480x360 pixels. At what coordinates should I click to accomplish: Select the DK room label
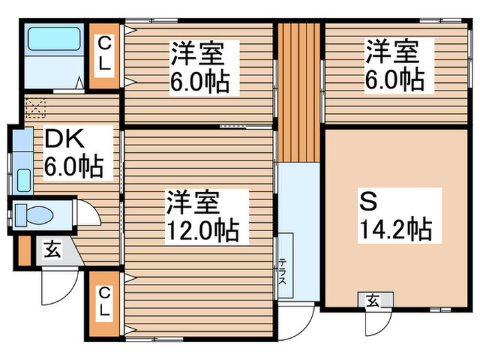click(64, 140)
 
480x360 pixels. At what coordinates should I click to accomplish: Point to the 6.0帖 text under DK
click(73, 167)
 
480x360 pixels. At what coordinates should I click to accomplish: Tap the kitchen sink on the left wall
click(22, 180)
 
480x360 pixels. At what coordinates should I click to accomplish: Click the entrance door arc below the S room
click(377, 322)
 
